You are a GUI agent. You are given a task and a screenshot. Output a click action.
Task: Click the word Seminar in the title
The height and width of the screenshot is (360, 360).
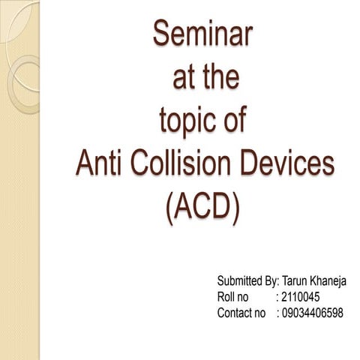click(203, 34)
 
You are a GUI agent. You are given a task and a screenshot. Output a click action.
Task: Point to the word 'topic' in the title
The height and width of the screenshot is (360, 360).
click(190, 120)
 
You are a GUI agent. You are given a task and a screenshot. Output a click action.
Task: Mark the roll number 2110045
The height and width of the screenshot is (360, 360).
click(304, 297)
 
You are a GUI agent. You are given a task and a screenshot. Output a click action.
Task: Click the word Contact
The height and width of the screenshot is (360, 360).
click(235, 313)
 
